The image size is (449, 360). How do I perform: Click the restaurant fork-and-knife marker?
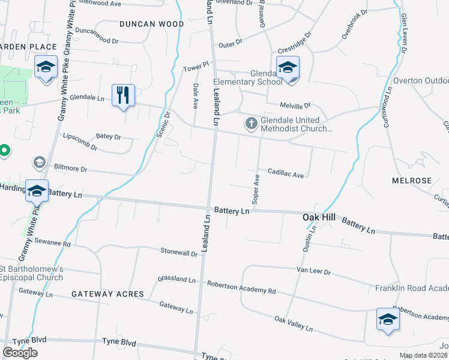tap(123, 95)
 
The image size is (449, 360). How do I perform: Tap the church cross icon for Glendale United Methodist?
tap(251, 124)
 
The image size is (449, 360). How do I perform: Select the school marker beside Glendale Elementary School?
tap(288, 68)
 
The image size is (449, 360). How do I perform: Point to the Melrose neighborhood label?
tap(412, 181)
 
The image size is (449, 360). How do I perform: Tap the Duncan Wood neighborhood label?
tap(151, 24)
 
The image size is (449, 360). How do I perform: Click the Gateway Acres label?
tap(107, 294)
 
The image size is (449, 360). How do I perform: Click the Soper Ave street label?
tap(256, 190)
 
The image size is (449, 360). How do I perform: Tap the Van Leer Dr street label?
tap(313, 271)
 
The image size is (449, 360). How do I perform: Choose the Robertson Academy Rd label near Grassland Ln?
tap(241, 287)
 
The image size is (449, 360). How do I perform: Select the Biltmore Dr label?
tap(71, 169)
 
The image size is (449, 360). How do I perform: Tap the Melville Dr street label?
tap(294, 105)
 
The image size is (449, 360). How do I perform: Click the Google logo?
tap(20, 352)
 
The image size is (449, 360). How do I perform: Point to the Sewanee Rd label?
tap(53, 244)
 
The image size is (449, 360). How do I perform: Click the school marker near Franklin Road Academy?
tap(387, 319)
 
